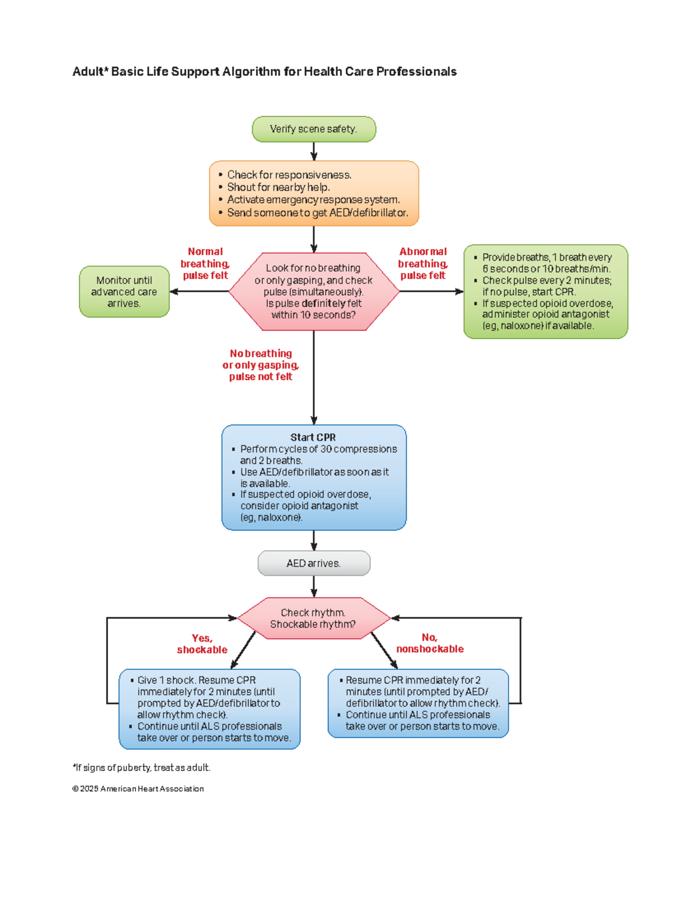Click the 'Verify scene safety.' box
(x=314, y=129)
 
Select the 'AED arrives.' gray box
(x=314, y=563)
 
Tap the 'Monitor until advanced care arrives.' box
(x=124, y=291)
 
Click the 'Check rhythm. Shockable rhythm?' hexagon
(x=313, y=618)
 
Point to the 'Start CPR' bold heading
(x=313, y=437)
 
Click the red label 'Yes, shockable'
(x=202, y=644)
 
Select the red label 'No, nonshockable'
(x=430, y=643)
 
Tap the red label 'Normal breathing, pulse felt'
(x=205, y=263)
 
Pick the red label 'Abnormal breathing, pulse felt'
(x=423, y=263)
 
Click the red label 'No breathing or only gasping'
(x=261, y=359)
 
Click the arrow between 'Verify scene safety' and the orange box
(x=314, y=152)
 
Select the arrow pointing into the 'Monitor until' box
(x=199, y=291)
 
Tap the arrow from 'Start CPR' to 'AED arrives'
(x=314, y=541)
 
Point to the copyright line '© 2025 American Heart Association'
(x=138, y=789)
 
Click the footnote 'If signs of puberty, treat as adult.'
(x=142, y=767)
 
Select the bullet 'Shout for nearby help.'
(x=278, y=188)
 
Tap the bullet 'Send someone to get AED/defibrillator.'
(x=317, y=213)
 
